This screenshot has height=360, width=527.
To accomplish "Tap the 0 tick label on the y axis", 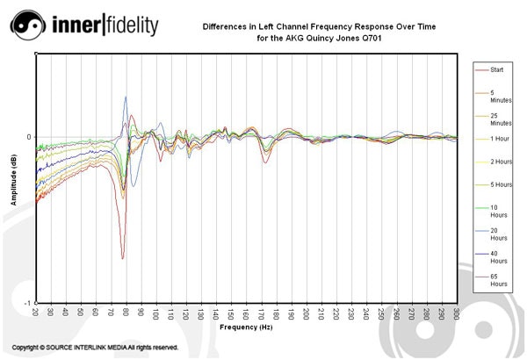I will (x=29, y=137).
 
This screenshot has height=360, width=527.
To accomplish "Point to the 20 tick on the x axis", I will (x=36, y=312).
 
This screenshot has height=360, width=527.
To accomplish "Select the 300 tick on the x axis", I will (x=456, y=312).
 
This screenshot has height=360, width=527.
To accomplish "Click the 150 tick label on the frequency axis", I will (x=231, y=312).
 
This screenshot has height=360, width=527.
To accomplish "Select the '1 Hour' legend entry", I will (x=500, y=139).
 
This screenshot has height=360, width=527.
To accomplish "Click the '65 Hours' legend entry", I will (x=499, y=280).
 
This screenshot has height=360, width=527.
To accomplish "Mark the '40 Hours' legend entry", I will (x=499, y=256).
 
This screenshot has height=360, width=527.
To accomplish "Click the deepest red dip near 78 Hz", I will (x=122, y=256).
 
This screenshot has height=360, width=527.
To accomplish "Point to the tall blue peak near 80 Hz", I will (x=126, y=97).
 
